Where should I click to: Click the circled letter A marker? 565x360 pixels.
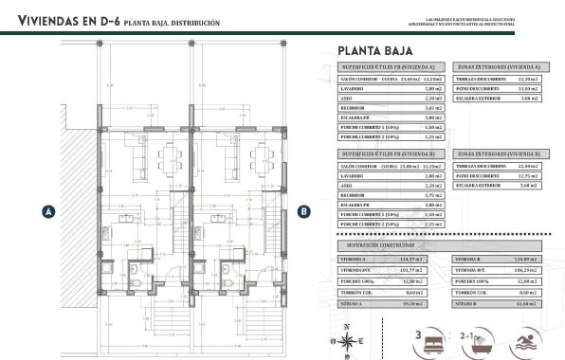[x=46, y=212]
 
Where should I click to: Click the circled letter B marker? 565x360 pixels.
[x=303, y=212]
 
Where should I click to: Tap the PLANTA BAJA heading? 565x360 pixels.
[x=378, y=51]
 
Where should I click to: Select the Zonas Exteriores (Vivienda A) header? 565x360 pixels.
[x=498, y=67]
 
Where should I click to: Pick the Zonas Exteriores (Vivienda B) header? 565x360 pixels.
[x=498, y=153]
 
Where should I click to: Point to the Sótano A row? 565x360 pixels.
[x=391, y=303]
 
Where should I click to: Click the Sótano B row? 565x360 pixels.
[x=498, y=303]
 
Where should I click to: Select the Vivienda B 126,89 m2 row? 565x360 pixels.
[x=498, y=259]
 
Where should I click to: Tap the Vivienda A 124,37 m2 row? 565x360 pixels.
[x=391, y=259]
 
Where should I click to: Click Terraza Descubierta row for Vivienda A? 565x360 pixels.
[x=498, y=79]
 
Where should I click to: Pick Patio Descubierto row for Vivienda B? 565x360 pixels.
[x=498, y=175]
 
